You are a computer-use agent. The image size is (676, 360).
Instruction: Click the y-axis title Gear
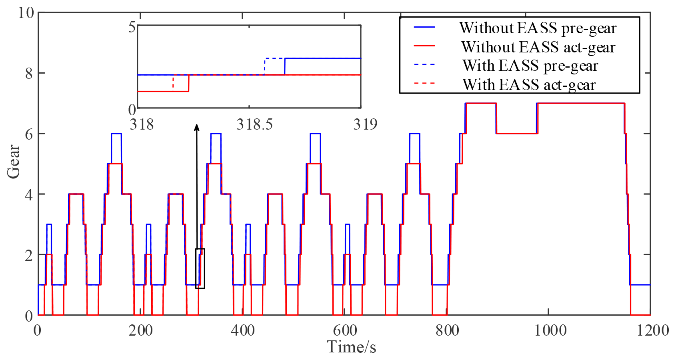coord(14,161)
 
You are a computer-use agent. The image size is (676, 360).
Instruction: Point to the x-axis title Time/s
coord(352,347)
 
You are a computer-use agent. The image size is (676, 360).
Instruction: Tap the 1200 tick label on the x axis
coord(651,330)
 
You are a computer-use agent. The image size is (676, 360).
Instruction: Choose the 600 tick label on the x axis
coord(344,330)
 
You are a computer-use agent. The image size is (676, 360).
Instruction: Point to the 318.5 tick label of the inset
coord(254,124)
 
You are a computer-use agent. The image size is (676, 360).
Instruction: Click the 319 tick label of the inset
coord(365,124)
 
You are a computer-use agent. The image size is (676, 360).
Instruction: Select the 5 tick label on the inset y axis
coord(132,28)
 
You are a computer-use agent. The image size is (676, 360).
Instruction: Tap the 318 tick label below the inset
coord(142,124)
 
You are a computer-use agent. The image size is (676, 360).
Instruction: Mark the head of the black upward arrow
coord(196,127)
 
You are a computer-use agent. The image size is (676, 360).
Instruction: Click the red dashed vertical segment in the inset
coord(173,82)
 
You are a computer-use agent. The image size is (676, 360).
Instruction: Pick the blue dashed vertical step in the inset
coord(265,66)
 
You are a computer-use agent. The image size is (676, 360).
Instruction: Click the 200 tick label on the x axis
coord(140,330)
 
